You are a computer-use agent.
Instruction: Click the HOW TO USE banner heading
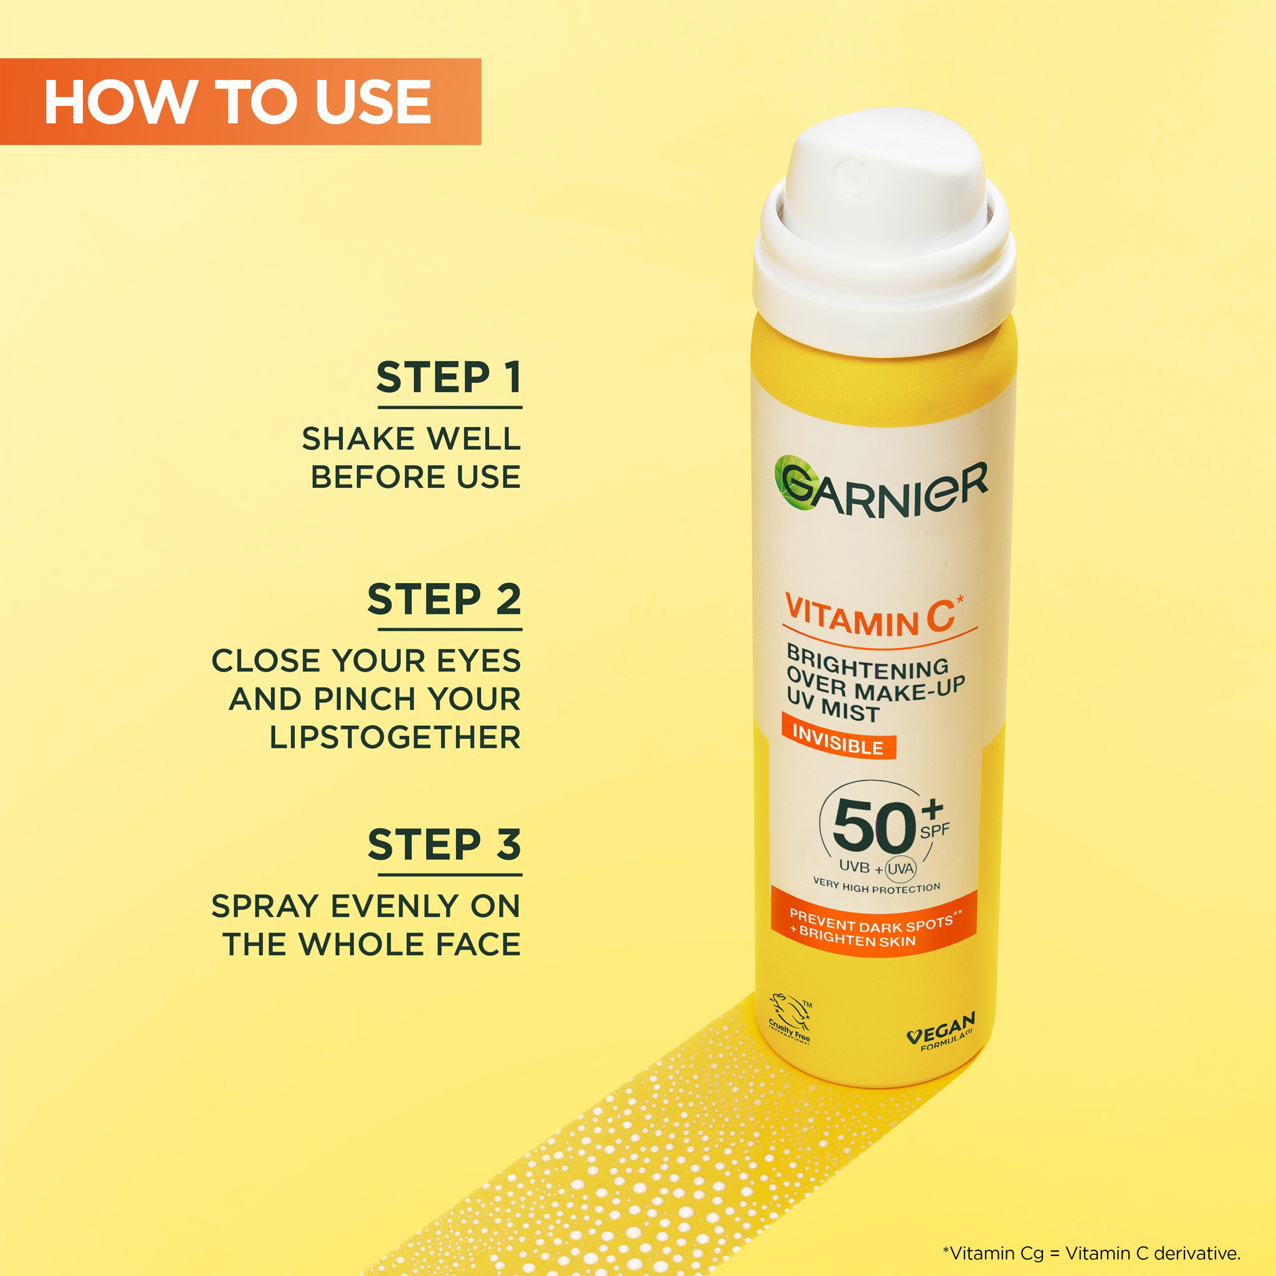[237, 102]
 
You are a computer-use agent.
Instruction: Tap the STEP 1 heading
[449, 377]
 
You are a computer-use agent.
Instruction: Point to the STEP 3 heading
[444, 845]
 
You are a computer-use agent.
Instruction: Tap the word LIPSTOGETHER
[395, 737]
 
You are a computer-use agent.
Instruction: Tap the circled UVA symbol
[900, 869]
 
